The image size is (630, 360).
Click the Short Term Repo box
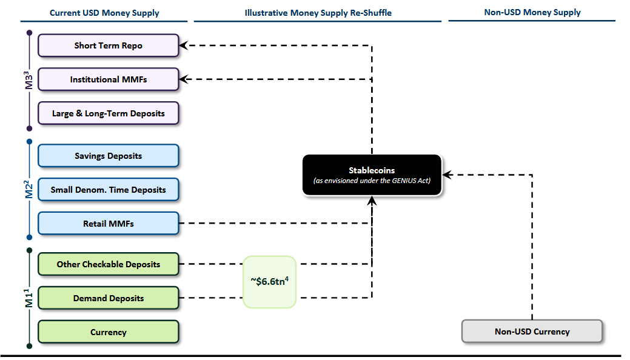pos(108,45)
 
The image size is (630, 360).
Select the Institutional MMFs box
pos(108,79)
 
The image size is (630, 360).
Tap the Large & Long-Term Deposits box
pos(108,113)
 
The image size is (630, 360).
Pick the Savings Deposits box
pos(108,156)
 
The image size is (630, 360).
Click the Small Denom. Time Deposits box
pos(108,190)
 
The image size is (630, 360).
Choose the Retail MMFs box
pos(108,224)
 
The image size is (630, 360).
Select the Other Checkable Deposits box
pos(108,264)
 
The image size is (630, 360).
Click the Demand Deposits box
pos(108,298)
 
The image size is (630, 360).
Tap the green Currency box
pos(108,332)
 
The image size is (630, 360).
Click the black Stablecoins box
pos(372,175)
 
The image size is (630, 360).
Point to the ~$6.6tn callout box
pos(269,281)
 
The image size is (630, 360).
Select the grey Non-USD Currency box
pos(532,332)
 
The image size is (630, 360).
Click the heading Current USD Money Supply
pos(104,13)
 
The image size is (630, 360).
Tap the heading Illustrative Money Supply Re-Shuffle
pos(318,13)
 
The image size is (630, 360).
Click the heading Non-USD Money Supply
pos(532,13)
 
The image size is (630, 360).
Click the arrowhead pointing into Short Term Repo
pos(184,45)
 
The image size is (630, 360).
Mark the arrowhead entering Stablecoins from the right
pos(447,175)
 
